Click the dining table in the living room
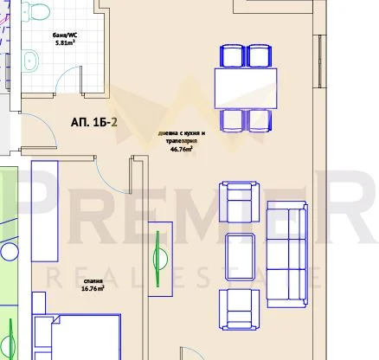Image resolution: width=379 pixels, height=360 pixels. click(246, 87)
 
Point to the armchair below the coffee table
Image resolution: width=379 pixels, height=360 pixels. click(238, 308)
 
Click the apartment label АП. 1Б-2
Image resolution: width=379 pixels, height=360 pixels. click(94, 122)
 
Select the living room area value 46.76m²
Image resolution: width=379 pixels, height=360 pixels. click(180, 148)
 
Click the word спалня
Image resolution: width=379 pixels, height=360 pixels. click(93, 281)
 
